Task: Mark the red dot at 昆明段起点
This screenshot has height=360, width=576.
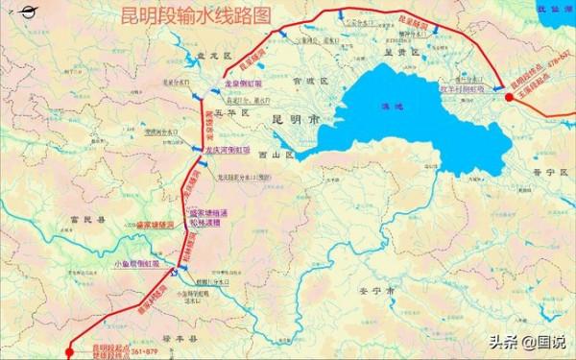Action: point(68,351)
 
